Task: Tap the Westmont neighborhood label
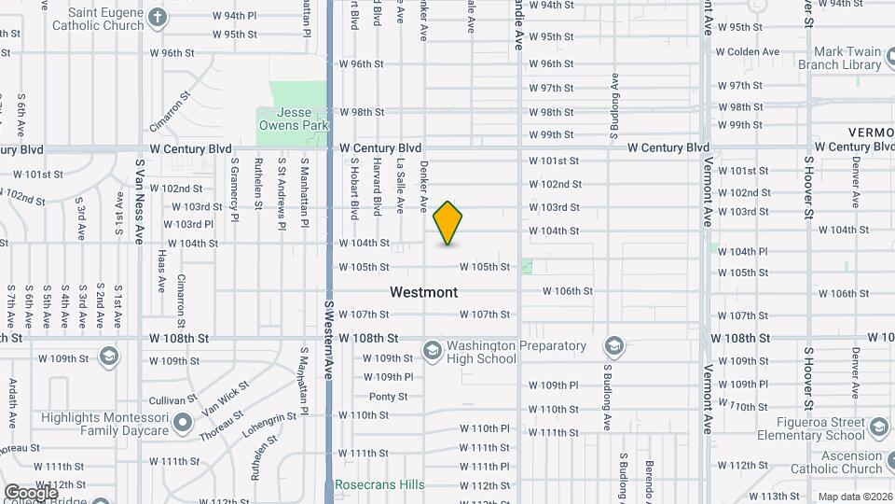[423, 292]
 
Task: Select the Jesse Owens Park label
[292, 119]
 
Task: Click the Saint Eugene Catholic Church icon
[158, 17]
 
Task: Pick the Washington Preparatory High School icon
[432, 350]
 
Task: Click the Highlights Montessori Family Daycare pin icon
[183, 423]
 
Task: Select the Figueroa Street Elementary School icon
[878, 427]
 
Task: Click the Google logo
[30, 492]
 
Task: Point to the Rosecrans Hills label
[379, 484]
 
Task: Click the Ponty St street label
[388, 397]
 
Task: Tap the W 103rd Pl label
[187, 224]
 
